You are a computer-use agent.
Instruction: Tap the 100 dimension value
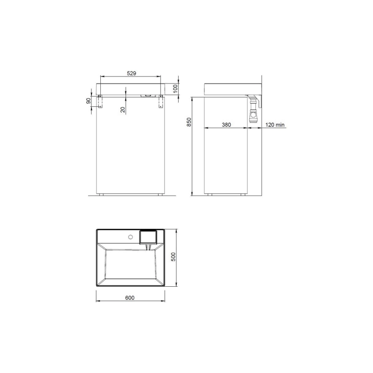pyautogui.click(x=176, y=89)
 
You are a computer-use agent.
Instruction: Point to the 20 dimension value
pyautogui.click(x=122, y=109)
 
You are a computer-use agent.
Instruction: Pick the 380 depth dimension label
pyautogui.click(x=226, y=124)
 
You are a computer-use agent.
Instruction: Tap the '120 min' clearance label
pyautogui.click(x=275, y=124)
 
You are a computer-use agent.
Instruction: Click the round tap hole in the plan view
pyautogui.click(x=131, y=237)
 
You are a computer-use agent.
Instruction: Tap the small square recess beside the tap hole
pyautogui.click(x=149, y=237)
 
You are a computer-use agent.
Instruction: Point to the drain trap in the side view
pyautogui.click(x=253, y=110)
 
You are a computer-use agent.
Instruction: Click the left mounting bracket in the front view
pyautogui.click(x=99, y=102)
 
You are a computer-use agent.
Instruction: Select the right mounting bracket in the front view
pyautogui.click(x=161, y=102)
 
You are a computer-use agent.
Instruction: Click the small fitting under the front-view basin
pyautogui.click(x=147, y=95)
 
